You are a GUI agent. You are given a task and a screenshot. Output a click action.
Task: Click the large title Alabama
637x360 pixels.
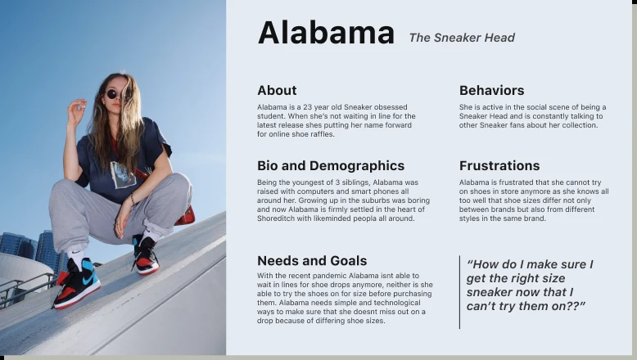(326, 33)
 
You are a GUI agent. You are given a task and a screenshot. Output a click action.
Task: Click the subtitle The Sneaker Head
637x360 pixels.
(462, 38)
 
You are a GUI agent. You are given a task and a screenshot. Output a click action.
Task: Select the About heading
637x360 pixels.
(277, 90)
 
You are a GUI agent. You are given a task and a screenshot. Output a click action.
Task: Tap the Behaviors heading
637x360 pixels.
(491, 90)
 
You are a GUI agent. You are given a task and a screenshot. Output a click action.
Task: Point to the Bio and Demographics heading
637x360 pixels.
(331, 165)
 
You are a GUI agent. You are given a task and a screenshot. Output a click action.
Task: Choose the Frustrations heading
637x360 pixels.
(499, 165)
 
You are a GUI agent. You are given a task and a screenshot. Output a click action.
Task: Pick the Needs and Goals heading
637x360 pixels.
(312, 260)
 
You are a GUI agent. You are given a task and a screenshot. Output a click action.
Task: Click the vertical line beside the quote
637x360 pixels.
(460, 292)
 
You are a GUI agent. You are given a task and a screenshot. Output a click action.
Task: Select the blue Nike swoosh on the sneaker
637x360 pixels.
(90, 280)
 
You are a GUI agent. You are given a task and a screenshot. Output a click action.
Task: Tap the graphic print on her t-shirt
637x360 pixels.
(123, 175)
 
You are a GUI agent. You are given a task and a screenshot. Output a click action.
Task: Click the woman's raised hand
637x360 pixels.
(76, 111)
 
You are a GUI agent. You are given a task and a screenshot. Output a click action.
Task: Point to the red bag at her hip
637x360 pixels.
(185, 216)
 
